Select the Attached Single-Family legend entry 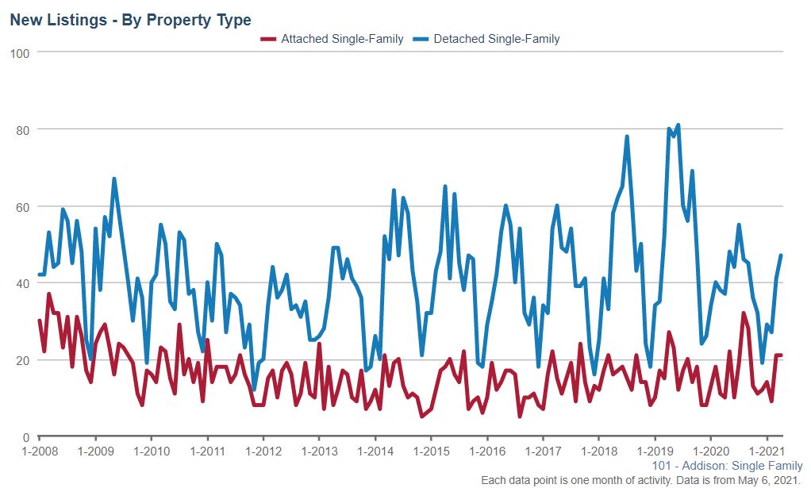(341, 38)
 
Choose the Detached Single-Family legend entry (496, 38)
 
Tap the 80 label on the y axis (22, 129)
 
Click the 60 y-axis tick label (22, 206)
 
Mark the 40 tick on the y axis (22, 283)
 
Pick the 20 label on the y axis (22, 360)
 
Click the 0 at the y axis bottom (25, 437)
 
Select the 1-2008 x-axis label (40, 451)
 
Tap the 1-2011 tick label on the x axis (207, 451)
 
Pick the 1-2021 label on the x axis (765, 451)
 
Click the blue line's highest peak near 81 (678, 125)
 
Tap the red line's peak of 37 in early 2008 (48, 294)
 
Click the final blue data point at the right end (781, 256)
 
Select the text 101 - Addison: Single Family (727, 467)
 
